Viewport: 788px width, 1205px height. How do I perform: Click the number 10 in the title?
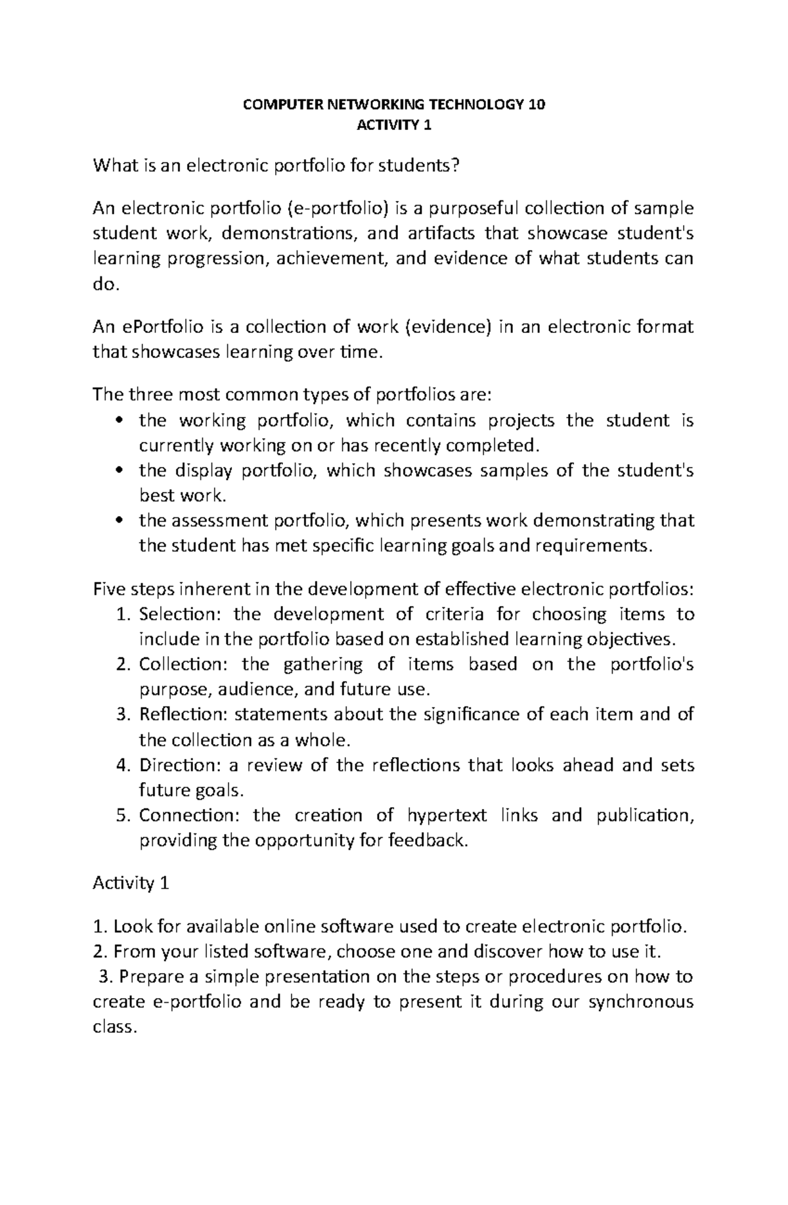point(537,104)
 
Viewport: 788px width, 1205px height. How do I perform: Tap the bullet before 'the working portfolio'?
point(118,421)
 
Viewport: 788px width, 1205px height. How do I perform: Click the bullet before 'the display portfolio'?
point(118,471)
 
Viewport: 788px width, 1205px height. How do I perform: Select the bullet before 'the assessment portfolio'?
point(118,521)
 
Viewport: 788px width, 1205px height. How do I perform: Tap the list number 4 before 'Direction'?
point(121,766)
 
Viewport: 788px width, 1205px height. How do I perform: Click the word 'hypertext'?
point(447,816)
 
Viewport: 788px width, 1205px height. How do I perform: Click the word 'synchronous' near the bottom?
point(641,1003)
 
